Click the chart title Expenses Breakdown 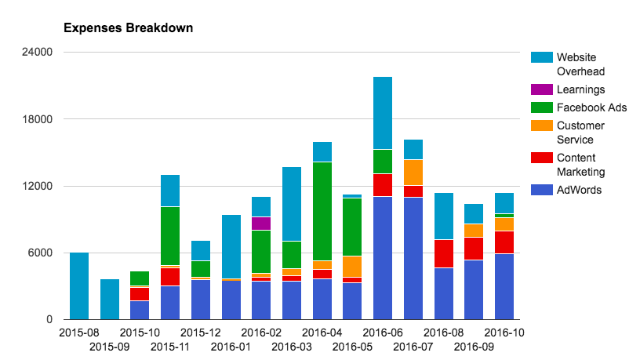tap(128, 28)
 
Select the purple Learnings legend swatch tap(541, 90)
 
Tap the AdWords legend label tap(580, 189)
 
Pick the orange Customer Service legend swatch tap(541, 125)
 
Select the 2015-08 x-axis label tap(78, 333)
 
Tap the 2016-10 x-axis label tap(504, 333)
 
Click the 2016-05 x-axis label tap(352, 346)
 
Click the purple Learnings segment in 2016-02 tap(261, 224)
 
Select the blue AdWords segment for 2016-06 tap(383, 258)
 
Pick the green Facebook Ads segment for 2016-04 tap(322, 211)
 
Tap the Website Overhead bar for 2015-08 tap(79, 286)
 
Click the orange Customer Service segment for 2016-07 tap(413, 173)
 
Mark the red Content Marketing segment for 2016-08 tap(444, 253)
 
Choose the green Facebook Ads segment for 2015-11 tap(170, 236)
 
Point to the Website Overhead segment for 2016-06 tap(383, 113)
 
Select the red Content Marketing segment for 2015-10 tap(140, 293)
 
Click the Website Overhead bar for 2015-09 tap(110, 300)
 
